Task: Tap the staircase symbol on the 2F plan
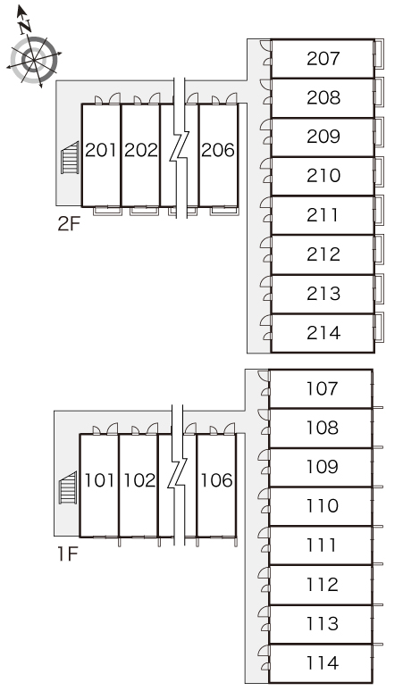71,157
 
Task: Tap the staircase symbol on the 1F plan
68,487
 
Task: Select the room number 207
323,59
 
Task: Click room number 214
323,333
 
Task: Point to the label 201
101,150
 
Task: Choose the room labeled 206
218,150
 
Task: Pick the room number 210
323,176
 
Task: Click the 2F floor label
69,224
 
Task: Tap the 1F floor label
67,554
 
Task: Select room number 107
322,388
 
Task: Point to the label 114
322,662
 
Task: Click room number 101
100,480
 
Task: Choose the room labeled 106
216,480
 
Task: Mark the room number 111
322,545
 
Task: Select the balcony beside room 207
379,54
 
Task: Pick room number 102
139,480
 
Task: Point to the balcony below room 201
107,211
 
